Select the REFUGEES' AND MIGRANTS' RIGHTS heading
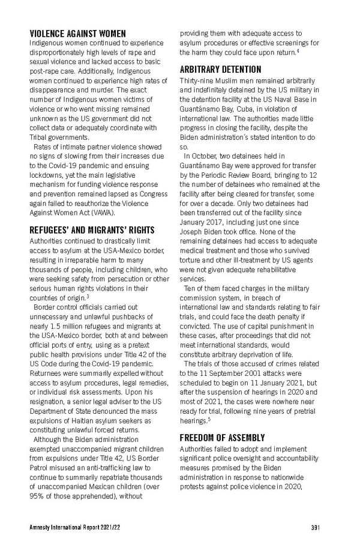coord(92,230)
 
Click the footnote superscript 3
coord(88,296)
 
